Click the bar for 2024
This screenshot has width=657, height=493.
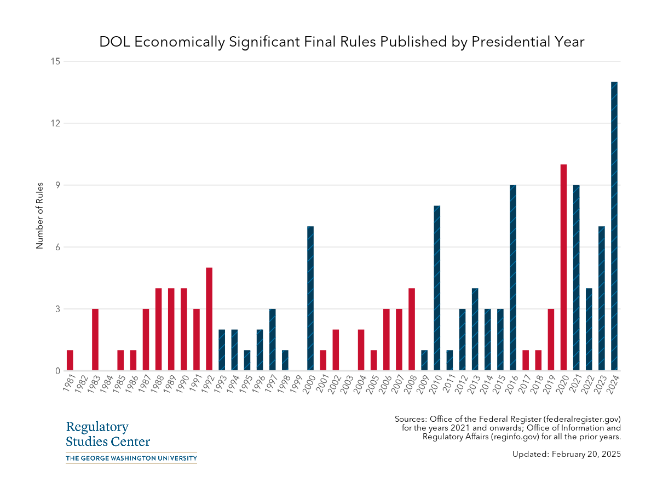[x=614, y=226]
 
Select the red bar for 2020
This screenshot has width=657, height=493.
[x=563, y=267]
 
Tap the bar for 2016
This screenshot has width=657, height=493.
[x=513, y=278]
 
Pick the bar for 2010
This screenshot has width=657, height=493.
[x=437, y=288]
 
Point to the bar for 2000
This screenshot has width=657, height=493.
[x=310, y=299]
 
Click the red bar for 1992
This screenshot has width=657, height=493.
[x=209, y=319]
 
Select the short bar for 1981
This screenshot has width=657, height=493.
[x=70, y=360]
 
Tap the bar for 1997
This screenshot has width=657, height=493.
[x=272, y=340]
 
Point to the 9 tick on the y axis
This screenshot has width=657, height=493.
[x=56, y=185]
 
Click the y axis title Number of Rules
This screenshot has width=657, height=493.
[x=39, y=215]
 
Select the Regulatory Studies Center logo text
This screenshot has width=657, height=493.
[x=108, y=434]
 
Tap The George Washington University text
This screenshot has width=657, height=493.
[x=131, y=458]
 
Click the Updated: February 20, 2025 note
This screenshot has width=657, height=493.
[x=567, y=454]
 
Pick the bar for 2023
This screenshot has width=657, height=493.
[x=602, y=299]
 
